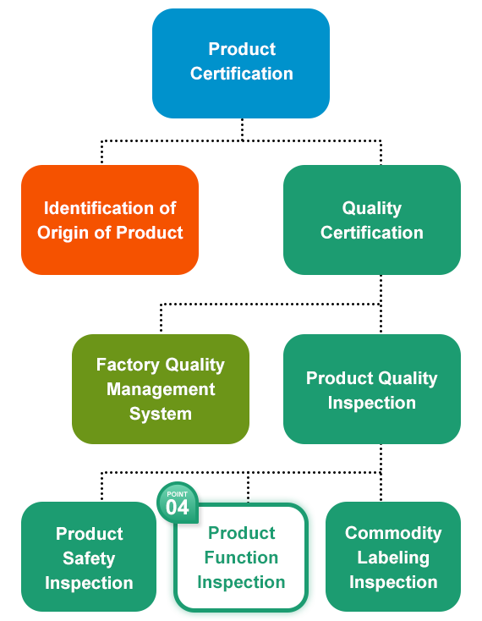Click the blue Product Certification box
click(x=241, y=63)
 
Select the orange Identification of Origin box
click(x=110, y=220)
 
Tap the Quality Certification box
click(x=372, y=220)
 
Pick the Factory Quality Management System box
click(x=161, y=389)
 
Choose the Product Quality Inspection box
click(x=372, y=389)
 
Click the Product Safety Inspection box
click(x=89, y=557)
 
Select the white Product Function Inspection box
click(x=241, y=558)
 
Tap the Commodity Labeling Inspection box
click(x=393, y=557)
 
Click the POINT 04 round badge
click(x=178, y=503)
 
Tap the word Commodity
click(x=393, y=533)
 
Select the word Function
click(x=241, y=558)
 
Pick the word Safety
click(x=89, y=558)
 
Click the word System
click(x=161, y=414)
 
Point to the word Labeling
click(x=393, y=558)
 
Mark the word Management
click(x=161, y=389)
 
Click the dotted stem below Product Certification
click(x=242, y=129)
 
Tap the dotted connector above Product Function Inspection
click(x=248, y=487)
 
